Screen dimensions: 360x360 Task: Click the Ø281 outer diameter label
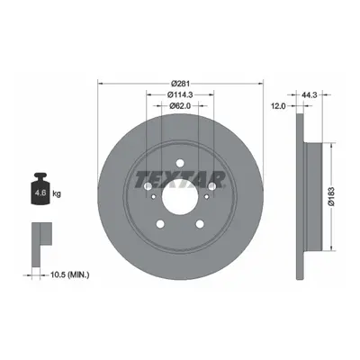[180, 83]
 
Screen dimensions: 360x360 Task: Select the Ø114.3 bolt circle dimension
[180, 94]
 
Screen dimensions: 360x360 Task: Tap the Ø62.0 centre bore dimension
[180, 105]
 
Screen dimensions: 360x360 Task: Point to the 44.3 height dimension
[308, 94]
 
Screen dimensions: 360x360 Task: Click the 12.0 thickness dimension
[278, 106]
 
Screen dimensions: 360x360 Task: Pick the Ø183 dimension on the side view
[331, 197]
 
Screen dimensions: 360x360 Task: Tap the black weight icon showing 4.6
[40, 189]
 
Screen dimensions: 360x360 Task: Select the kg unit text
[57, 193]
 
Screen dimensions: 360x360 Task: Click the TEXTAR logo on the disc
[180, 179]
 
